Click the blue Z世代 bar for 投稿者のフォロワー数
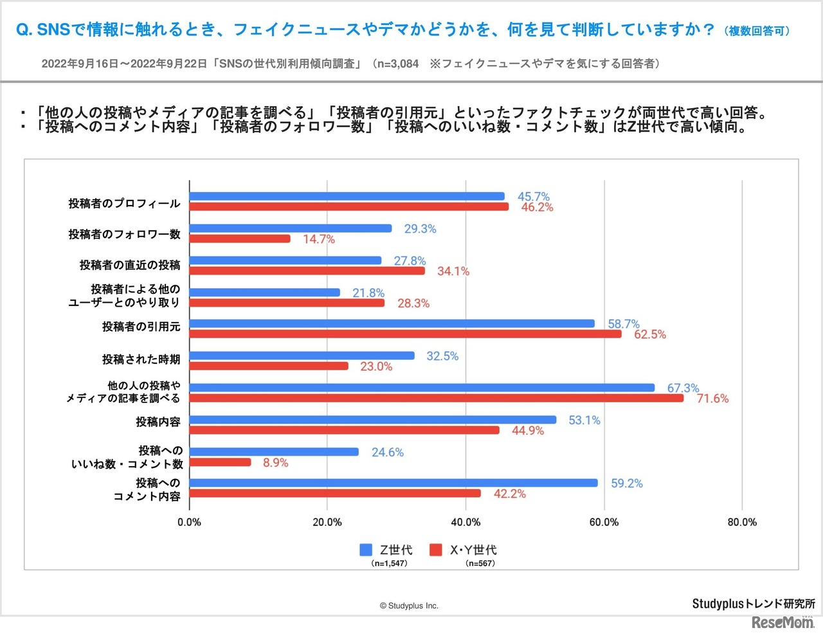(291, 228)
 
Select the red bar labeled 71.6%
(437, 398)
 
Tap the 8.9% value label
(275, 463)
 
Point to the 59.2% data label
(626, 483)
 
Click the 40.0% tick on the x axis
(466, 522)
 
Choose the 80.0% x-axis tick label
(742, 522)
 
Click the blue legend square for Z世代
(366, 550)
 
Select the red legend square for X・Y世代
(436, 550)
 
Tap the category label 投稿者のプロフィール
(124, 203)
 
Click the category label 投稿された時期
(141, 359)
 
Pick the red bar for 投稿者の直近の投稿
(307, 271)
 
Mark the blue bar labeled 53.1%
(373, 420)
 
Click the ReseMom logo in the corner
(782, 622)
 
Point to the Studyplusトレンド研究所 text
(753, 604)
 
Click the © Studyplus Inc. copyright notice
(409, 606)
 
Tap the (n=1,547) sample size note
(389, 564)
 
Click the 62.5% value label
(649, 334)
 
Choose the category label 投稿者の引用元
(141, 327)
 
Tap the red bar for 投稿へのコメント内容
(335, 493)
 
